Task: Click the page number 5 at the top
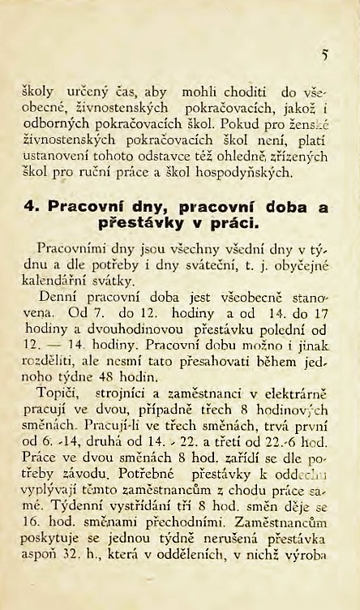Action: (x=324, y=57)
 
